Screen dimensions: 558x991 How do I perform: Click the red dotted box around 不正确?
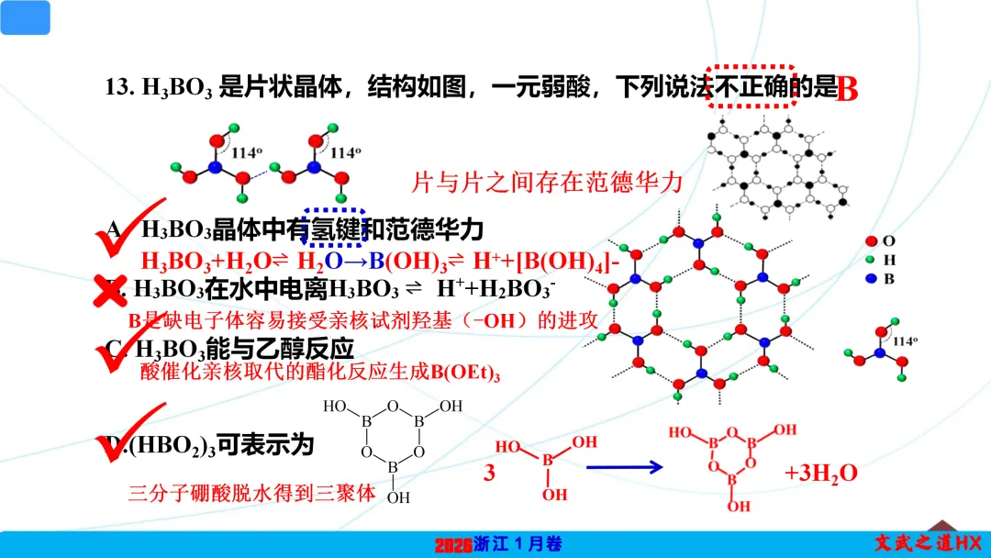tap(751, 86)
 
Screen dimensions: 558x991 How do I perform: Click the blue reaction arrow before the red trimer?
tap(624, 467)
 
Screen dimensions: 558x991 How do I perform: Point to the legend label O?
tap(888, 240)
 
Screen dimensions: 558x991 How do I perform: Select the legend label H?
tap(888, 260)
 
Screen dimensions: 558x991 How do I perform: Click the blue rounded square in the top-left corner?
tap(25, 17)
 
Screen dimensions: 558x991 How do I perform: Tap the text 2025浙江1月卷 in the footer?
tap(496, 544)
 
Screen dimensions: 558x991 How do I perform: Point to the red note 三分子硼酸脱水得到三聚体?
tap(252, 493)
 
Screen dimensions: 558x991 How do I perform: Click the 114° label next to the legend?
tap(905, 340)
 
